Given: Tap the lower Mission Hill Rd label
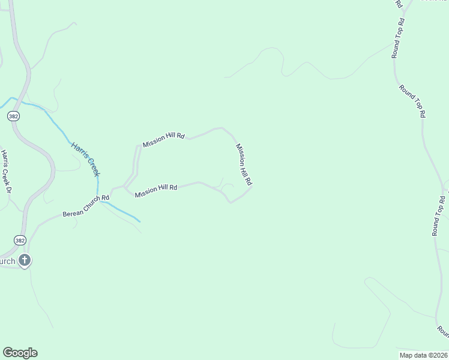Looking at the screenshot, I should coord(155,191).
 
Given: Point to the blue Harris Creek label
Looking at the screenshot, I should coord(85,159).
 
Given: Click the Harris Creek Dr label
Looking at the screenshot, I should coord(7,172).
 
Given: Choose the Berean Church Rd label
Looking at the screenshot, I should coord(86,205).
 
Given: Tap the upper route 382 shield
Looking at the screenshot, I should coord(14,116).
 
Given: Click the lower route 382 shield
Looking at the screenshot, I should coord(21,239).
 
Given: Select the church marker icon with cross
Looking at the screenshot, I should coord(25,260).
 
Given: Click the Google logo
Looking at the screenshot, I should coord(20,353).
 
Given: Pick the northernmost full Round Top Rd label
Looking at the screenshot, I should coord(398,38).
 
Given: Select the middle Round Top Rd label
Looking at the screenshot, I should coord(413,101).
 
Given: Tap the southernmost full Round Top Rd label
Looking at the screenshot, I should coord(439,215).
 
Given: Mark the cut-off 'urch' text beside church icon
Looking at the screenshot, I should coord(7,261).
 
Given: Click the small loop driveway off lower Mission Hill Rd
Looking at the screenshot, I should coord(227,187).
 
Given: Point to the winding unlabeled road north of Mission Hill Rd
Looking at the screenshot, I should coord(282,66).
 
